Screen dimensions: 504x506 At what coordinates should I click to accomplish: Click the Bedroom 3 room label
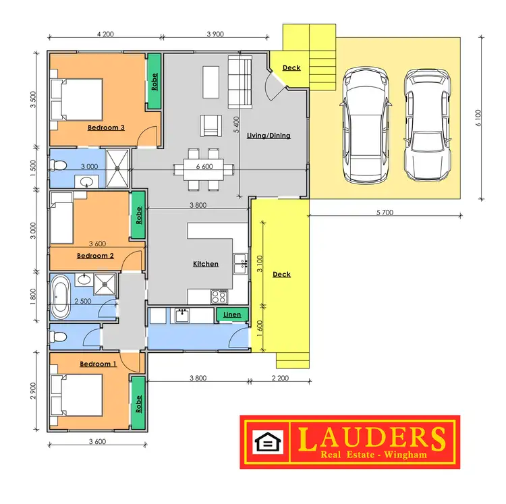(106, 127)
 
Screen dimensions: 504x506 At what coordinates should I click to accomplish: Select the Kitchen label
(206, 264)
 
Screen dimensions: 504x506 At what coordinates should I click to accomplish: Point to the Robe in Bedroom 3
(154, 82)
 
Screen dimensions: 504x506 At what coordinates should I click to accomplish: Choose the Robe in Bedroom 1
(139, 403)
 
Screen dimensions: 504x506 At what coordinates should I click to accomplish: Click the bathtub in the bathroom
(59, 296)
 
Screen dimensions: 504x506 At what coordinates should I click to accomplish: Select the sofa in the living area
(240, 82)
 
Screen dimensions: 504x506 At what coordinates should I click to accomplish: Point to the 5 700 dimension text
(385, 212)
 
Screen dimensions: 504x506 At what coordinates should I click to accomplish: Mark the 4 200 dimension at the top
(106, 34)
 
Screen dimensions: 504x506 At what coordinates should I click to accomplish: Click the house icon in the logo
(266, 442)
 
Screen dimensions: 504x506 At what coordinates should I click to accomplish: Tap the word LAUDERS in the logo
(372, 438)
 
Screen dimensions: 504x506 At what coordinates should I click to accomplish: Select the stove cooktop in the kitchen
(219, 296)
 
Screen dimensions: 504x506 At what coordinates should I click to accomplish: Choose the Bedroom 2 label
(95, 256)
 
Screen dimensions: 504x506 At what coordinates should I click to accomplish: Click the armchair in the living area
(210, 125)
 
